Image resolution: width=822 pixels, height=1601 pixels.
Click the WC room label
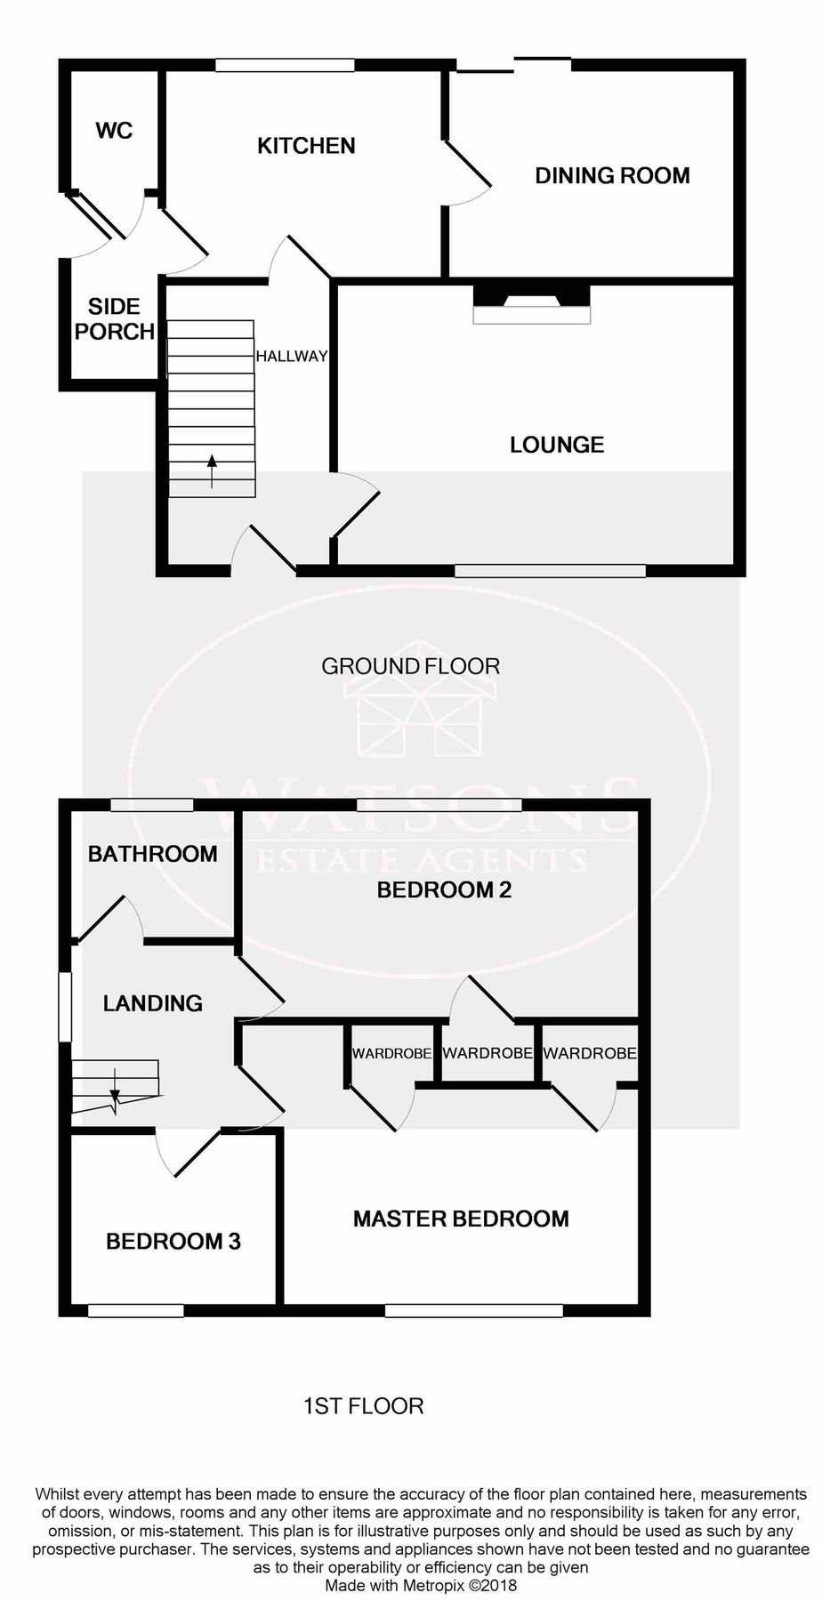click(x=114, y=131)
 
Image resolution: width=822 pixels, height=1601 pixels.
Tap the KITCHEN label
click(x=306, y=146)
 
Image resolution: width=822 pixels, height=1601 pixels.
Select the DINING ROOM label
click(x=612, y=175)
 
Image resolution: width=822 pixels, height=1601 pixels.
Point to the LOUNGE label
click(x=557, y=445)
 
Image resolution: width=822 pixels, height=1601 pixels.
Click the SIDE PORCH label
click(x=114, y=319)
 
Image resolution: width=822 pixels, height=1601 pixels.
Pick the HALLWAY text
click(x=292, y=357)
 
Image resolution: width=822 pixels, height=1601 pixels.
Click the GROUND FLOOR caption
click(x=410, y=666)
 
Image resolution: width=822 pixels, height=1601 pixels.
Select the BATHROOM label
click(x=152, y=854)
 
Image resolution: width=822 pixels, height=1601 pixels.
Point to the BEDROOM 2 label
click(x=444, y=889)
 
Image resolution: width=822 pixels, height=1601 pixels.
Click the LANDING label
click(x=153, y=1003)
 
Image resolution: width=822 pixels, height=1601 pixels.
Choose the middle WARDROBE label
click(x=487, y=1053)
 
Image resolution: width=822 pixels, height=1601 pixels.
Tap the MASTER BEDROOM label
click(x=461, y=1219)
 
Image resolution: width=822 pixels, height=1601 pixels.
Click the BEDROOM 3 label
click(x=173, y=1241)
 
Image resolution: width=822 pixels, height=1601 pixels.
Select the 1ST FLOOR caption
click(x=363, y=1406)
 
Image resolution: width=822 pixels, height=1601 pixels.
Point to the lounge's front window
click(x=550, y=570)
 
